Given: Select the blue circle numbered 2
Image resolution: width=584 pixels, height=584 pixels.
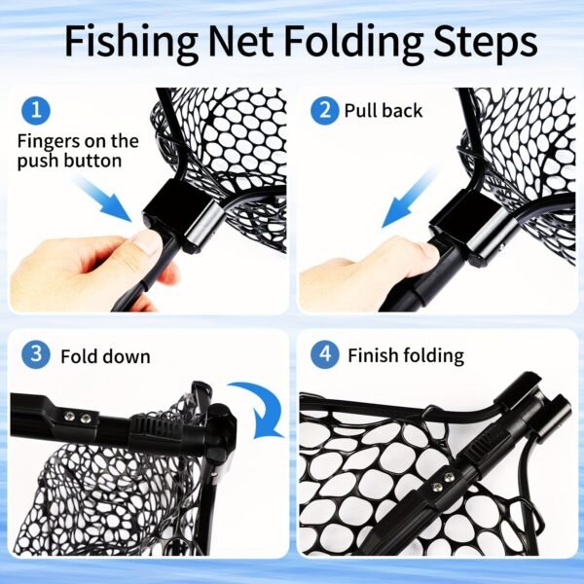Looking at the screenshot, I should tap(323, 110).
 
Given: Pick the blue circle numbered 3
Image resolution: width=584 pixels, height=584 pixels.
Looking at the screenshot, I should tap(36, 354).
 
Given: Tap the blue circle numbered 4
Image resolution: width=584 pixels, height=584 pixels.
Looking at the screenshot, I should tap(323, 354).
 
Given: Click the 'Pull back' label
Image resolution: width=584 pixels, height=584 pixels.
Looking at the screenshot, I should tap(383, 111).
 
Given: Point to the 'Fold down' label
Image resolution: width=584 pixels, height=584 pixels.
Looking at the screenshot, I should tap(105, 356).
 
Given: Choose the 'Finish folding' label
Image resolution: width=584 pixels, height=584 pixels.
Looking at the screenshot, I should tap(406, 356).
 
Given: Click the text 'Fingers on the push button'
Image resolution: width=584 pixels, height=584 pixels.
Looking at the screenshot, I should tap(78, 151).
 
